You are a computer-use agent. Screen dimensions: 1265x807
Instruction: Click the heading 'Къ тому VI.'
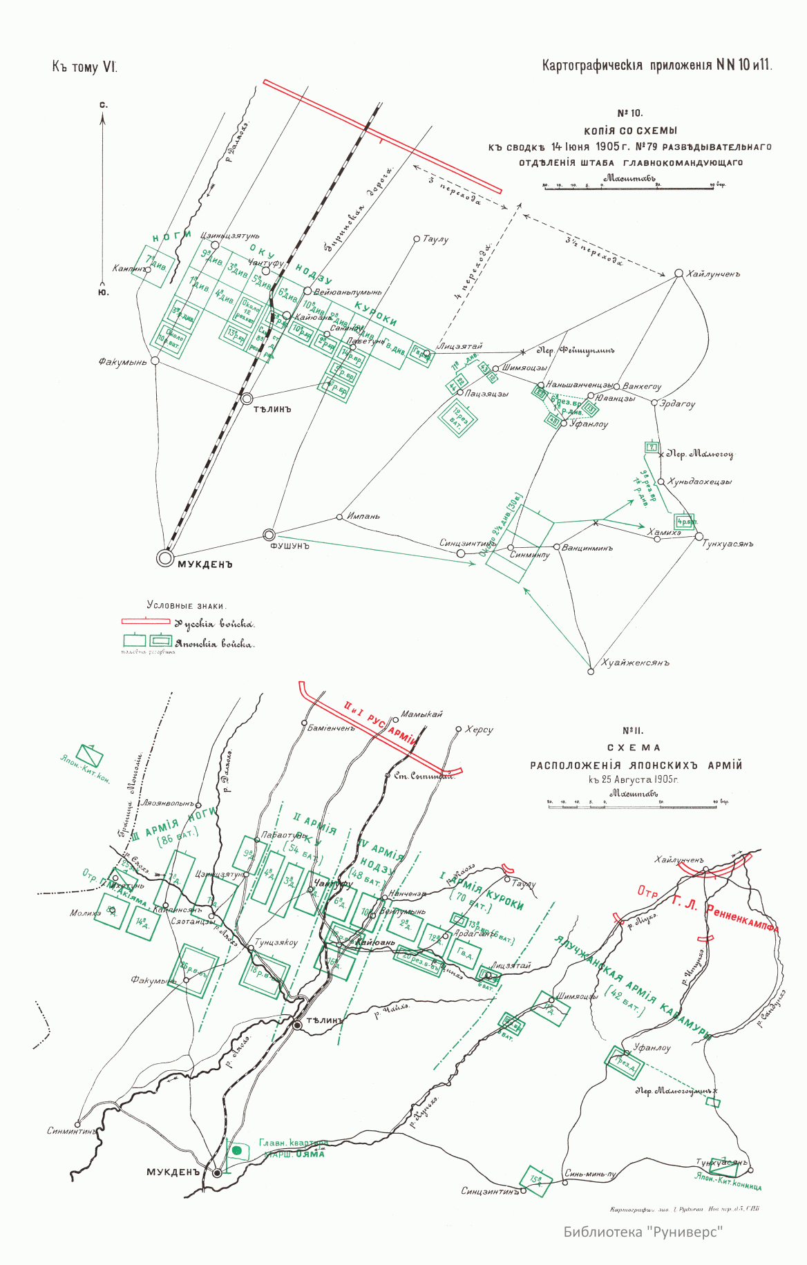pos(84,67)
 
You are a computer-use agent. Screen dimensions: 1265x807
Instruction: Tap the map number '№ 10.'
pos(629,113)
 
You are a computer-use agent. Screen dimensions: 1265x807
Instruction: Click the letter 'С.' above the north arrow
pos(103,105)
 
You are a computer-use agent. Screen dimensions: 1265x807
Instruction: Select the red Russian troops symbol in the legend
pos(146,622)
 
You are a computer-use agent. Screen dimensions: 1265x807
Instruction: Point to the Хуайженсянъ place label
pos(636,663)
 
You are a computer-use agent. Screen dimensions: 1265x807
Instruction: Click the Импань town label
pos(363,516)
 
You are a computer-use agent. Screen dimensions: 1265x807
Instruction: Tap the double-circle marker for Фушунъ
pos(269,535)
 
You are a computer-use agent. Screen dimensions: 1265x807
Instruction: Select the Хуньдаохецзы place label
pos(699,482)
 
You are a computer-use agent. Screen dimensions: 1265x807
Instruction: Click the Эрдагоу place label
pos(678,404)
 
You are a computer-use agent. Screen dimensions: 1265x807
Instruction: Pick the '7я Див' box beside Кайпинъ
pos(155,264)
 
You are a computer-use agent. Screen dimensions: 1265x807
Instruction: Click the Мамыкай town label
pos(421,714)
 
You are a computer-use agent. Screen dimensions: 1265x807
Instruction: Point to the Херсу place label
pos(479,730)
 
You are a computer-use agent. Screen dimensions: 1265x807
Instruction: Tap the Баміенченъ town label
pos(331,728)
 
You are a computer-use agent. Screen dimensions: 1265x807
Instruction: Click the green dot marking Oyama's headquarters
pos(236,1150)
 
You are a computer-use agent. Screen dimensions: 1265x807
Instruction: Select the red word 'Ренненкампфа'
pos(743,918)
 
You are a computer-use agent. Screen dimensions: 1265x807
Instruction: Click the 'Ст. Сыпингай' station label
pos(424,775)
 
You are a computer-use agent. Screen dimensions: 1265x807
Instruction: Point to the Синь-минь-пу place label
pos(590,1173)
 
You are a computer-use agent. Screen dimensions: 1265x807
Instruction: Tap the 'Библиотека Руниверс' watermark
pos(643,1232)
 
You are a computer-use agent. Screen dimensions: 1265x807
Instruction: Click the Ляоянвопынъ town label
pos(168,803)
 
